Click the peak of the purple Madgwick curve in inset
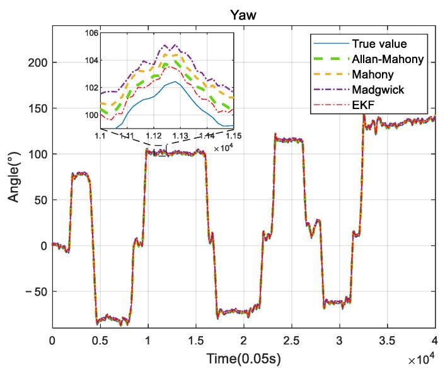point(166,45)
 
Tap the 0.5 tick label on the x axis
point(100,340)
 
